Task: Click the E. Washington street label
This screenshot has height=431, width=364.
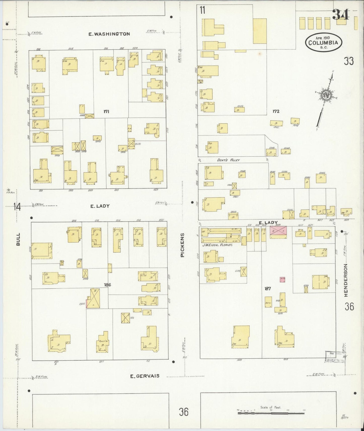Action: tap(109, 34)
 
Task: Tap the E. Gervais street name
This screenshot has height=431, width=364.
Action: tap(145, 376)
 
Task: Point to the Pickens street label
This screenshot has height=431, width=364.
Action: tap(182, 245)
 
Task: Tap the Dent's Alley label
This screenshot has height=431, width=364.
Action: tap(228, 160)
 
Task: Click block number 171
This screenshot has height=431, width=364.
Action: tap(106, 111)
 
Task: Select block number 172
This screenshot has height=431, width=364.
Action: tap(276, 111)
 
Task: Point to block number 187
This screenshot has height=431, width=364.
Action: tap(268, 288)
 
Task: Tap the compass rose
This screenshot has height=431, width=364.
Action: tap(325, 95)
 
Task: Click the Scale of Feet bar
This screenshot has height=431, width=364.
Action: tap(271, 413)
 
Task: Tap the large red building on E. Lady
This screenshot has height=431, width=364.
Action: tap(279, 231)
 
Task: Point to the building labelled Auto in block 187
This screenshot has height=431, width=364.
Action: tap(268, 302)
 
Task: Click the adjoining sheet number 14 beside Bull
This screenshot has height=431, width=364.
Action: tap(17, 207)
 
